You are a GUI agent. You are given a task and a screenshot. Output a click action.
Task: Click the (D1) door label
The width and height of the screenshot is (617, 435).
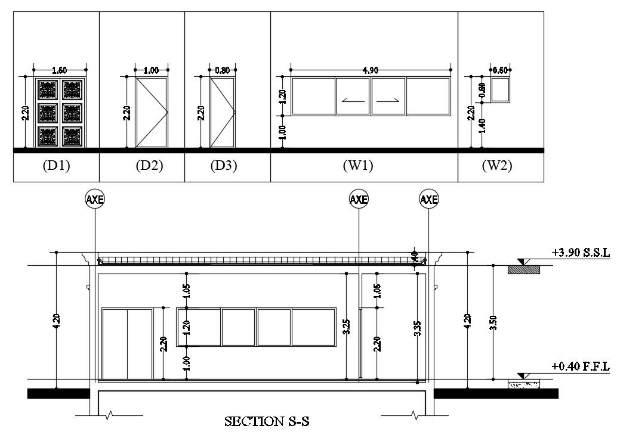pos(56,166)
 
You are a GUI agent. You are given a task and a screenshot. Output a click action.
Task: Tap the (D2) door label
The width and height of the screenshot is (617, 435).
pos(149,166)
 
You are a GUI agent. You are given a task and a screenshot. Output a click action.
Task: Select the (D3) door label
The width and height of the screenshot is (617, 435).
pos(224,166)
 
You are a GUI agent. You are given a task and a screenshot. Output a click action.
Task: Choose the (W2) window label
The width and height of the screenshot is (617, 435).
pos(497,166)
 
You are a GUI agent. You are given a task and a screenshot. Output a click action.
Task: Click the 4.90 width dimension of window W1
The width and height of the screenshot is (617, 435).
pos(370,70)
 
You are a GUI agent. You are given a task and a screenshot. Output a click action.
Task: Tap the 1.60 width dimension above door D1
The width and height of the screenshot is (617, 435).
pos(60,70)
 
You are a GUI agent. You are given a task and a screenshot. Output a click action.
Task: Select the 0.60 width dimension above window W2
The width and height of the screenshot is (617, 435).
pos(500,70)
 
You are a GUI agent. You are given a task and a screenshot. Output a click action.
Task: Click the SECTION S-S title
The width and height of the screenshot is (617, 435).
pos(267,422)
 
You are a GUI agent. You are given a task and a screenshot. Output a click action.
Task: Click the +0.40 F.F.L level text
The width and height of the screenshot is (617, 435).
pos(581,366)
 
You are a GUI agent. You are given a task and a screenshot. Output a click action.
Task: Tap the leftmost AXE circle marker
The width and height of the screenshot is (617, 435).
pos(95,200)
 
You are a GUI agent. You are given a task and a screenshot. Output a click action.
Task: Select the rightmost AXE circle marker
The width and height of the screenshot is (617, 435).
pos(429,200)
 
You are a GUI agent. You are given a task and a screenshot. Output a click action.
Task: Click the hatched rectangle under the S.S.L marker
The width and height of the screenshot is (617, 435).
pos(523,270)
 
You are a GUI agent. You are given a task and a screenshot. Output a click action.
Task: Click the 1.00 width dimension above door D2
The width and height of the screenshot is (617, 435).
pos(151,70)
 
